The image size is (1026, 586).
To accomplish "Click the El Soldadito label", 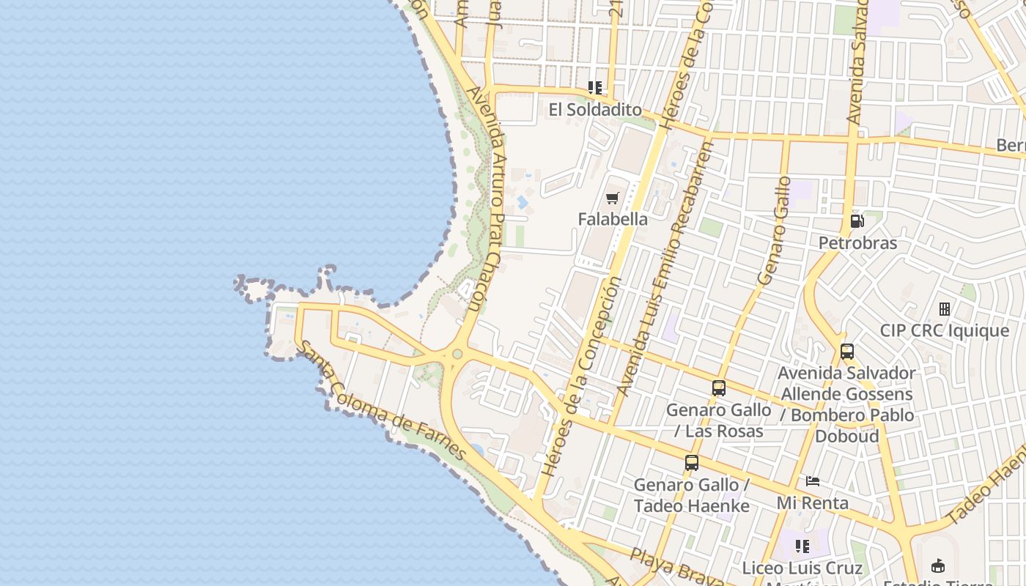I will click(594, 110).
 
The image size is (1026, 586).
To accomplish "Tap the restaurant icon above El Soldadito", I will click(595, 88).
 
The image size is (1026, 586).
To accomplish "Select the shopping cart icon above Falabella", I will click(613, 198).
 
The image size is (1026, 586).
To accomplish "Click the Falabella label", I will click(613, 219).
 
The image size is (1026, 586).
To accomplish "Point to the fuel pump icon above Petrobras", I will click(857, 220).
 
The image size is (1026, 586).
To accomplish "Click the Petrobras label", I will click(857, 242).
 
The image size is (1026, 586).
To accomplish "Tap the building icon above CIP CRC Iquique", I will click(945, 309).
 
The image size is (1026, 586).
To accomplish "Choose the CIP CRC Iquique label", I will click(944, 330).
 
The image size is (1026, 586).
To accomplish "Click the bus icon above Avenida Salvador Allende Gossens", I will click(847, 352).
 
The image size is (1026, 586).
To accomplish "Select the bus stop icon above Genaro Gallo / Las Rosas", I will click(719, 388).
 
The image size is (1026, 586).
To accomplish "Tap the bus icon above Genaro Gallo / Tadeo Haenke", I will click(692, 463).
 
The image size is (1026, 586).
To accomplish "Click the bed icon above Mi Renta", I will click(813, 481).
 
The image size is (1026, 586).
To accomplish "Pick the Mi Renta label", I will click(813, 503).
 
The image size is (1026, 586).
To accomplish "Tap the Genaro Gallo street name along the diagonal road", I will click(775, 231).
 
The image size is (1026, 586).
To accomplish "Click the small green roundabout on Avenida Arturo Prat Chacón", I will click(457, 355).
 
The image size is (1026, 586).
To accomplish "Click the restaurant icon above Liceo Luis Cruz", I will click(802, 546).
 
